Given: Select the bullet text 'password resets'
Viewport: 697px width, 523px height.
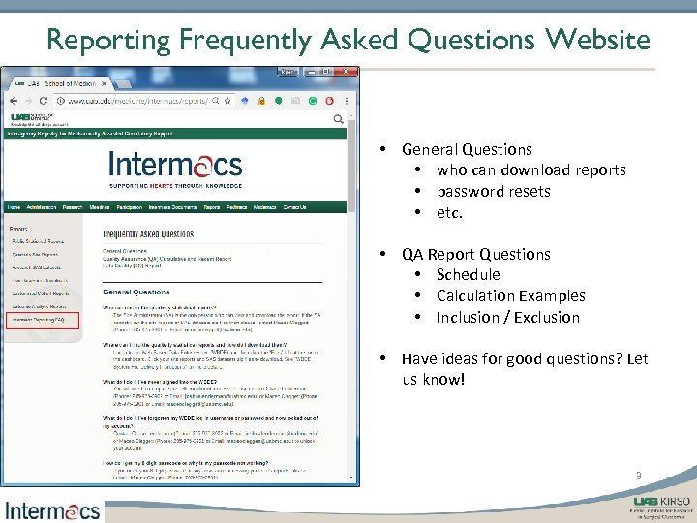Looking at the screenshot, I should pos(493,191).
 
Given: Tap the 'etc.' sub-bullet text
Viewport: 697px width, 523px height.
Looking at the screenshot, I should pos(449,212).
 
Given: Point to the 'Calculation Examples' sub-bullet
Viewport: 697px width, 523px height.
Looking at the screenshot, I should pos(510,295).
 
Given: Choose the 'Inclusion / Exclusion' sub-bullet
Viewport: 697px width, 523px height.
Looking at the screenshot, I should pos(507,317).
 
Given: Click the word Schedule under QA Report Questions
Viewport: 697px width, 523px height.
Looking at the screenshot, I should pos(468,274).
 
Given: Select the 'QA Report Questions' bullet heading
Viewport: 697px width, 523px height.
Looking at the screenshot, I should pos(475,254).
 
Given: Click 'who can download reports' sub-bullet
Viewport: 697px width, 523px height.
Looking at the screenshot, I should pos(530,169).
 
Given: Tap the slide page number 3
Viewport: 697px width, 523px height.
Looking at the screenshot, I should pos(638,476).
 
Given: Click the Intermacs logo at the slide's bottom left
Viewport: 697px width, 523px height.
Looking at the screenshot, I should pos(52,508).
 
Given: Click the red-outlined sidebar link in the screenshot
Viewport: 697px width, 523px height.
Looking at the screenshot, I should pos(38,319).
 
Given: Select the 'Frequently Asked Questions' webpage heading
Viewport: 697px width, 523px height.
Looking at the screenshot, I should pos(148,233).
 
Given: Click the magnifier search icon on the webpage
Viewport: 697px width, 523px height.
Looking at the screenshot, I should pos(338,120).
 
